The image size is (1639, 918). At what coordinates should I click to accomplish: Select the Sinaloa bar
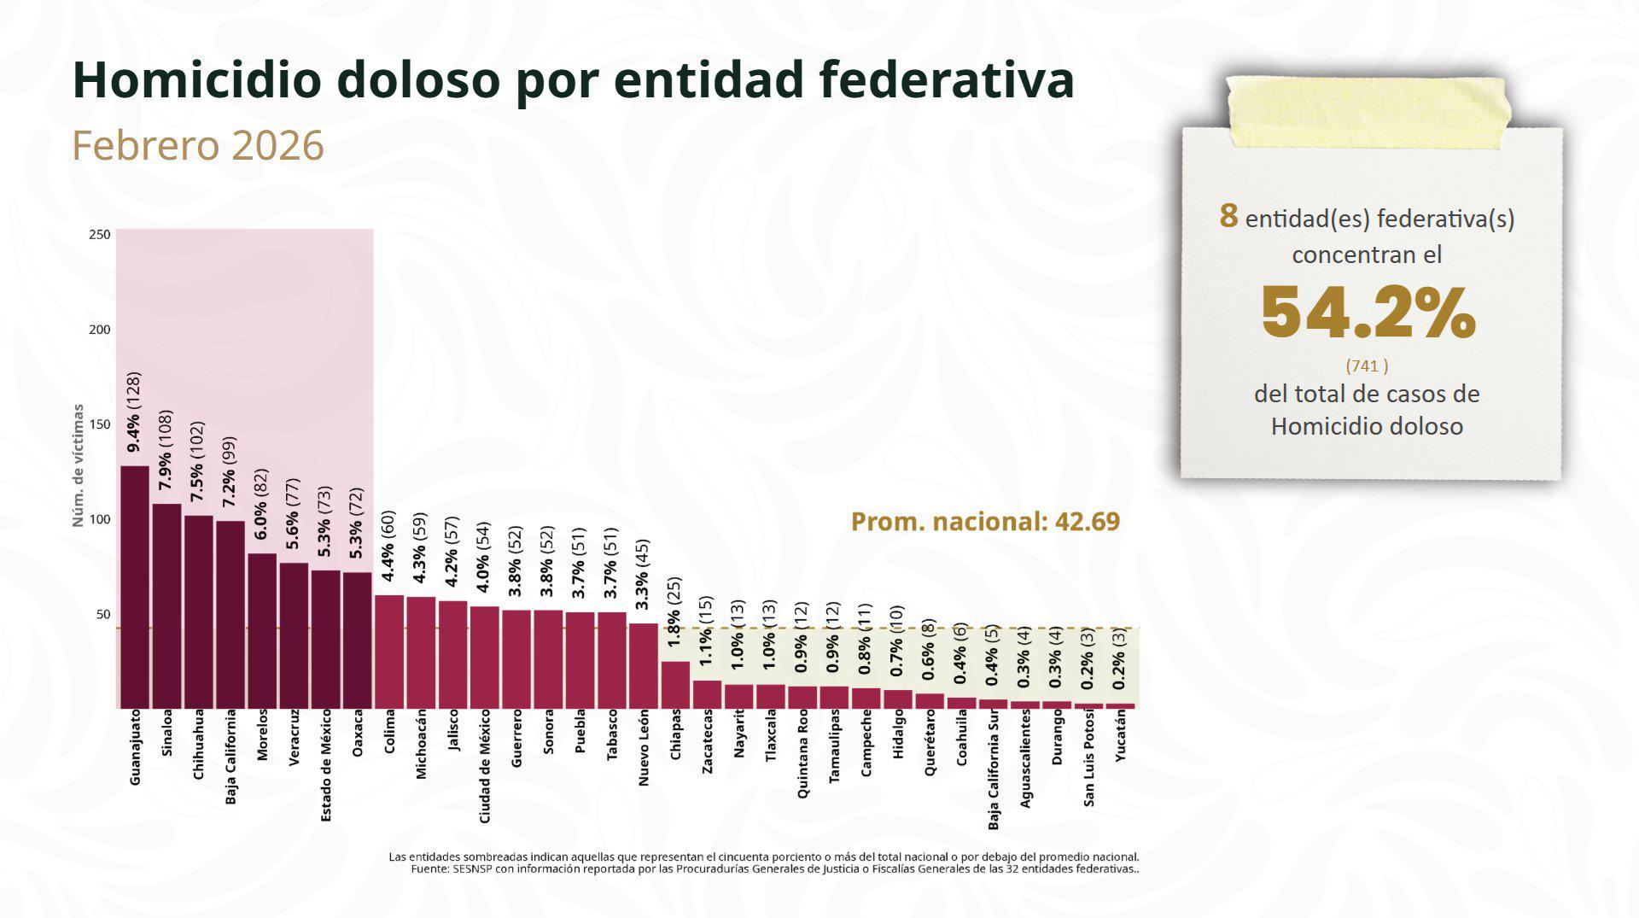[166, 605]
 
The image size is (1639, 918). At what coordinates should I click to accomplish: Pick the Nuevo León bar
[644, 665]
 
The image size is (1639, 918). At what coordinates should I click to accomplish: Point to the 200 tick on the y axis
[100, 330]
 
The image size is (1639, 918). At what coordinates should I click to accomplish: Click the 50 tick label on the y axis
[102, 614]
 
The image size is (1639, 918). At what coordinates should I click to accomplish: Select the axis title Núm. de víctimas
[78, 465]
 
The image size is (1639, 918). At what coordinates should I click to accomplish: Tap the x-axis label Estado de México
[326, 765]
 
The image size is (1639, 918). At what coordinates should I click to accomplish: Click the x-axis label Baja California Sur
[994, 769]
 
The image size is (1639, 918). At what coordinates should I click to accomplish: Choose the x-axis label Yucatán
[1121, 735]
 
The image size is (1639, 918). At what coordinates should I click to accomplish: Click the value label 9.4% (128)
[134, 412]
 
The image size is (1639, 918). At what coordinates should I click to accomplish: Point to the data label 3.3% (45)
[643, 575]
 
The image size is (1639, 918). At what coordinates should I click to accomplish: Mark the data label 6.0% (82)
[261, 504]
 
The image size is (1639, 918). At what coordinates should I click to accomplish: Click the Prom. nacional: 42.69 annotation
[985, 522]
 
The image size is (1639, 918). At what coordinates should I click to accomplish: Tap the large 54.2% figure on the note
[1368, 313]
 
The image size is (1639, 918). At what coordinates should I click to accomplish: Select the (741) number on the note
[1367, 365]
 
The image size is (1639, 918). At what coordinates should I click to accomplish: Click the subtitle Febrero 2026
[198, 145]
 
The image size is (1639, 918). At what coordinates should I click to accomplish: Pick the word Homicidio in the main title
[197, 80]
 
